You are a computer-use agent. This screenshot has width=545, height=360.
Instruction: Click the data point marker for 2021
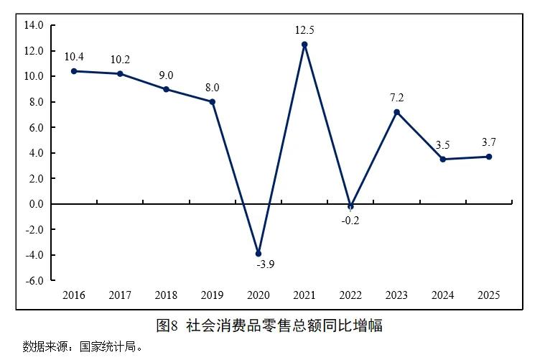tap(304, 45)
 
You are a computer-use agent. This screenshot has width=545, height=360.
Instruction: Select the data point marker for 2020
tap(258, 254)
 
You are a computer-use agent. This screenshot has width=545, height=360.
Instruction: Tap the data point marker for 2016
tap(74, 71)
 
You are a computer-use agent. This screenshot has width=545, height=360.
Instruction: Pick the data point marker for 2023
tap(396, 112)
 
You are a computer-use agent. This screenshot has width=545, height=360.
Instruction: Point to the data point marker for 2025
tap(489, 157)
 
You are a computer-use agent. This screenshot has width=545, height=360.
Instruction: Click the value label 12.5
tap(304, 30)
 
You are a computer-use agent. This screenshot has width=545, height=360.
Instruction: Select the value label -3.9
tap(265, 264)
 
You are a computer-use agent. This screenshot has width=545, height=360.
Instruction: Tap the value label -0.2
tap(350, 221)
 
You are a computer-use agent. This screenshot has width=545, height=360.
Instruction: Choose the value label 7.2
tap(396, 97)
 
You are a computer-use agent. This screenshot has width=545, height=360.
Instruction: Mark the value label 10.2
tap(120, 60)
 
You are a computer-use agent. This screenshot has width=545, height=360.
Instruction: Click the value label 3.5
tap(443, 144)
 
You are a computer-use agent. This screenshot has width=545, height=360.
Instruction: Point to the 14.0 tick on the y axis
tap(34, 25)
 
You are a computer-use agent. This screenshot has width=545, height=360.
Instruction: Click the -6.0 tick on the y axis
tap(34, 280)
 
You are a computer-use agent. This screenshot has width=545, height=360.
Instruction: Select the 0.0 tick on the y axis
tap(35, 204)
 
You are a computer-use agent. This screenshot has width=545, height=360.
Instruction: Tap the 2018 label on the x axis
tap(166, 295)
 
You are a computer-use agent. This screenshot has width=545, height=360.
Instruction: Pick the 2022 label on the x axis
tap(350, 295)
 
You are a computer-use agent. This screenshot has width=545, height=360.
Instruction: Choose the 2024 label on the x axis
tap(443, 295)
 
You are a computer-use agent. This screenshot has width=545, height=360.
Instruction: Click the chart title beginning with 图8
tap(269, 325)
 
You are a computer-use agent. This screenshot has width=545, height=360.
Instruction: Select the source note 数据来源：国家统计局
tap(83, 346)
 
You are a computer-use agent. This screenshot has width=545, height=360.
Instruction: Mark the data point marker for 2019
tap(213, 101)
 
